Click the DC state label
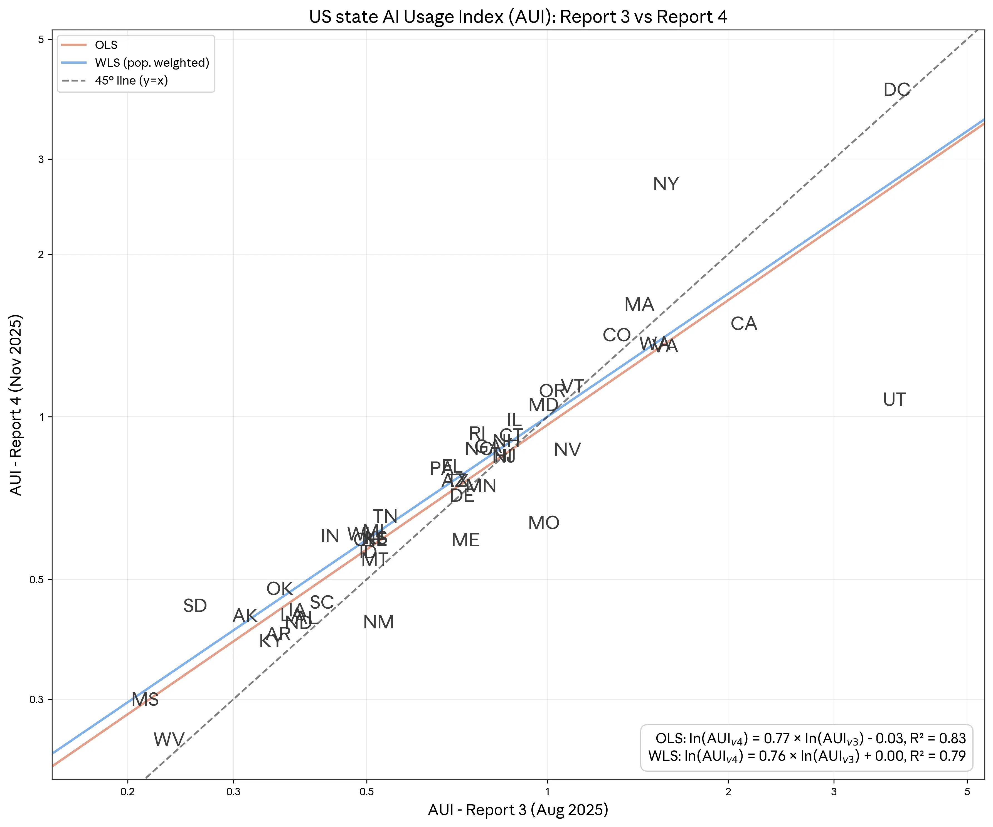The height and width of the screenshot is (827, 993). click(x=896, y=90)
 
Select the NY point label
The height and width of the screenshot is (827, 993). click(x=666, y=184)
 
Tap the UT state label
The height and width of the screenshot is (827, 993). click(x=894, y=399)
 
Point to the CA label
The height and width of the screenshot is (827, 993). click(x=744, y=324)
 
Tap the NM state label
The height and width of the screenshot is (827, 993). click(x=378, y=622)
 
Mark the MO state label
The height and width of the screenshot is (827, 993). click(x=544, y=523)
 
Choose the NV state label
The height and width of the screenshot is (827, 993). click(x=567, y=450)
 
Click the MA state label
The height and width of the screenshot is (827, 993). click(x=639, y=305)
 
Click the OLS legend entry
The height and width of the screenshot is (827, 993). click(x=106, y=45)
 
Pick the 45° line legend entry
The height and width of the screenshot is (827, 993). click(x=131, y=81)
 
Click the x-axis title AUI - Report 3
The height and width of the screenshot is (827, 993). click(x=518, y=810)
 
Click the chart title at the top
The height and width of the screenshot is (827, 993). click(x=518, y=17)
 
